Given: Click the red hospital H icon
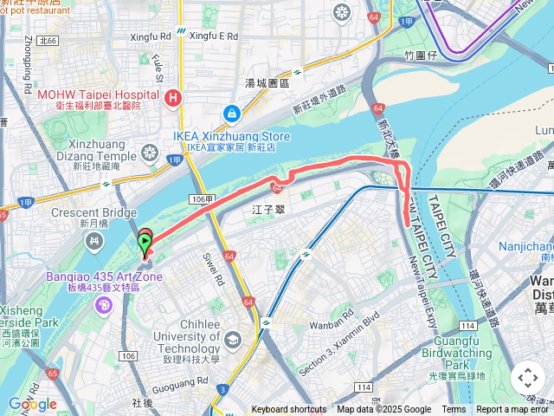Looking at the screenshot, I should click(174, 98).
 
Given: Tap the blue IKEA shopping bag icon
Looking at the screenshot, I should click(231, 114).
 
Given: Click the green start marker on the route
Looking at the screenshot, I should click(144, 246).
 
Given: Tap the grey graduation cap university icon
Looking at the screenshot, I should click(232, 340).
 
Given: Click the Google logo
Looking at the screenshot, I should click(32, 404).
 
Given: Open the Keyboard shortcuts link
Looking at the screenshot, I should click(289, 410).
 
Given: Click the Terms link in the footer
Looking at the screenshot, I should click(454, 410).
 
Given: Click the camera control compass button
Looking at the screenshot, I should click(527, 378).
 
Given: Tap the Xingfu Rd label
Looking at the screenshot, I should click(150, 37).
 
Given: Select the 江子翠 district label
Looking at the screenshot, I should click(268, 210).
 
